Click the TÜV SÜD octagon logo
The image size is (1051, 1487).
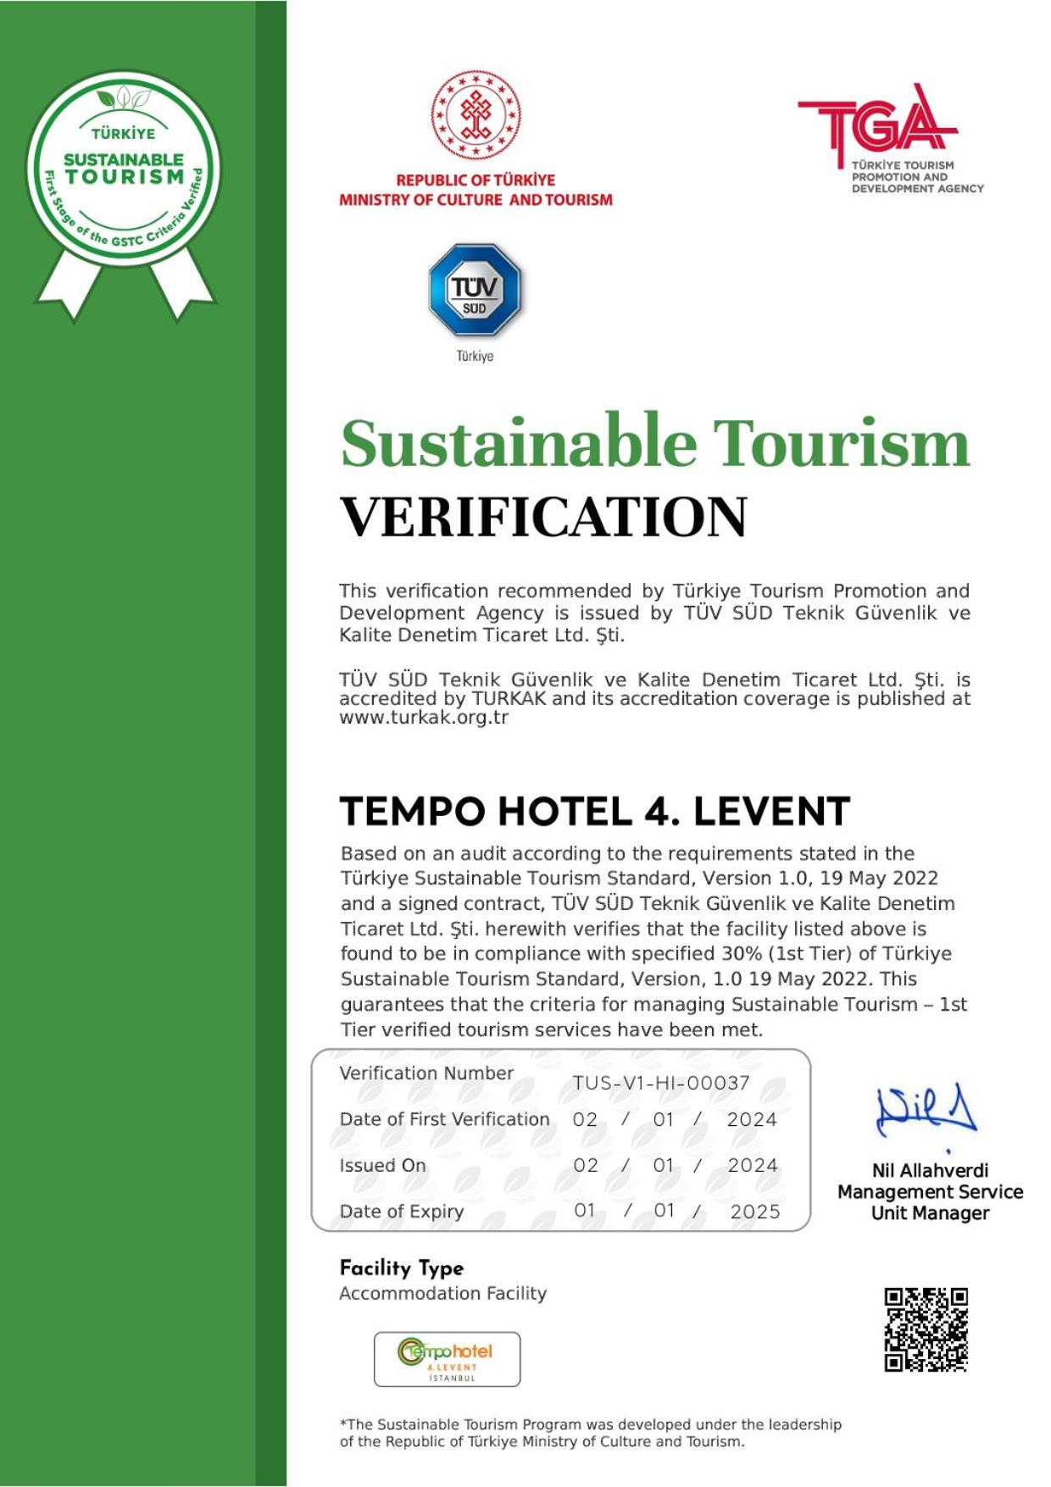(x=474, y=290)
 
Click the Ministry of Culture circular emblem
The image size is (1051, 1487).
(x=475, y=115)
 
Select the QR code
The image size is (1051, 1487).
(x=926, y=1329)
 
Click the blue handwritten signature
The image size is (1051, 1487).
(x=926, y=1110)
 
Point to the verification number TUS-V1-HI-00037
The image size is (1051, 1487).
(x=661, y=1083)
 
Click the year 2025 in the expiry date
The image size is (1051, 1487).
(x=755, y=1212)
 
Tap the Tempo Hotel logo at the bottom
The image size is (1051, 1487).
(x=447, y=1358)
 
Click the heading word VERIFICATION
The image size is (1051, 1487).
(x=543, y=517)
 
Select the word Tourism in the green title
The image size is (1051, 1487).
(x=840, y=442)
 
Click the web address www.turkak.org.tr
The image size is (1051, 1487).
(x=424, y=718)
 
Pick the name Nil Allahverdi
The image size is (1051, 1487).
(x=930, y=1170)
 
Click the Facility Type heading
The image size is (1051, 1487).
(x=402, y=1268)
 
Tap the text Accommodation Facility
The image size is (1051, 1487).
(x=442, y=1293)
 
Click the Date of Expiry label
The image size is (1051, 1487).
(x=402, y=1212)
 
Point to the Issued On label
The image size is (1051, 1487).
(x=382, y=1165)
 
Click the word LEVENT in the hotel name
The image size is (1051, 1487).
(x=771, y=811)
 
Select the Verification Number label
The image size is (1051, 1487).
(x=426, y=1073)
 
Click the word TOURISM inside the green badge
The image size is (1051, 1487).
(x=125, y=177)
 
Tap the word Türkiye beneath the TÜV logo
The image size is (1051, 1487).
(x=475, y=356)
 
